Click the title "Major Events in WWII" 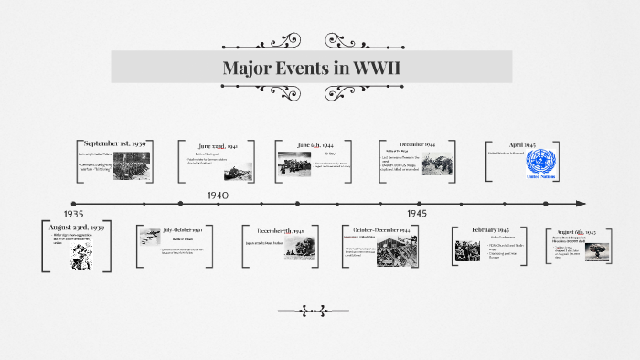[312, 68]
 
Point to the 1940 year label [218, 196]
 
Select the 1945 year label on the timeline [417, 213]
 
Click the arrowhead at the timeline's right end [580, 203]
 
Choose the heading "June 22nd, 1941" [218, 145]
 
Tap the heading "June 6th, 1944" [315, 145]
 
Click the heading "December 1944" [416, 144]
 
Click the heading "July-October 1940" [187, 229]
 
